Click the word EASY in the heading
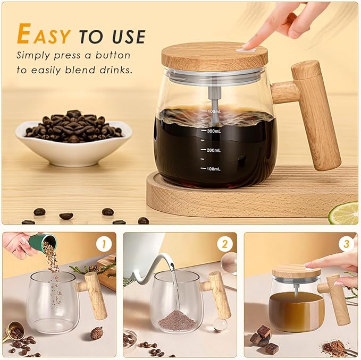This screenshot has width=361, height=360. [44, 35]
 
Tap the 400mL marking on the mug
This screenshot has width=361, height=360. [213, 112]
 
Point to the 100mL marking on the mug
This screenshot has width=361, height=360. [213, 169]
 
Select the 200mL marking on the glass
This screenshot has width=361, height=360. [213, 150]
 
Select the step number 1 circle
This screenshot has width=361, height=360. [105, 244]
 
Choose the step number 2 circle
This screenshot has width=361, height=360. [225, 244]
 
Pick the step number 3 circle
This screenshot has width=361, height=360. [347, 244]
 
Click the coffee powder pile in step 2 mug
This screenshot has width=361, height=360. [177, 320]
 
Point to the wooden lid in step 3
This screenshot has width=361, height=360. [296, 272]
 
